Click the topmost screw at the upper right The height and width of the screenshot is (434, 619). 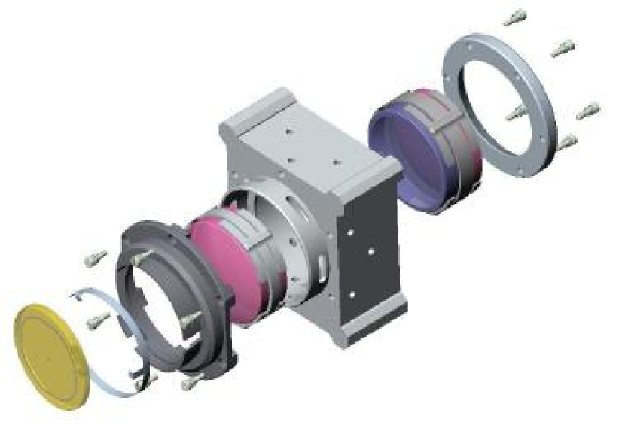click(515, 17)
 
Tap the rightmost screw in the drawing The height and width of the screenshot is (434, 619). click(589, 111)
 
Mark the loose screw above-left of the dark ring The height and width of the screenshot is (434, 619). click(93, 258)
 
